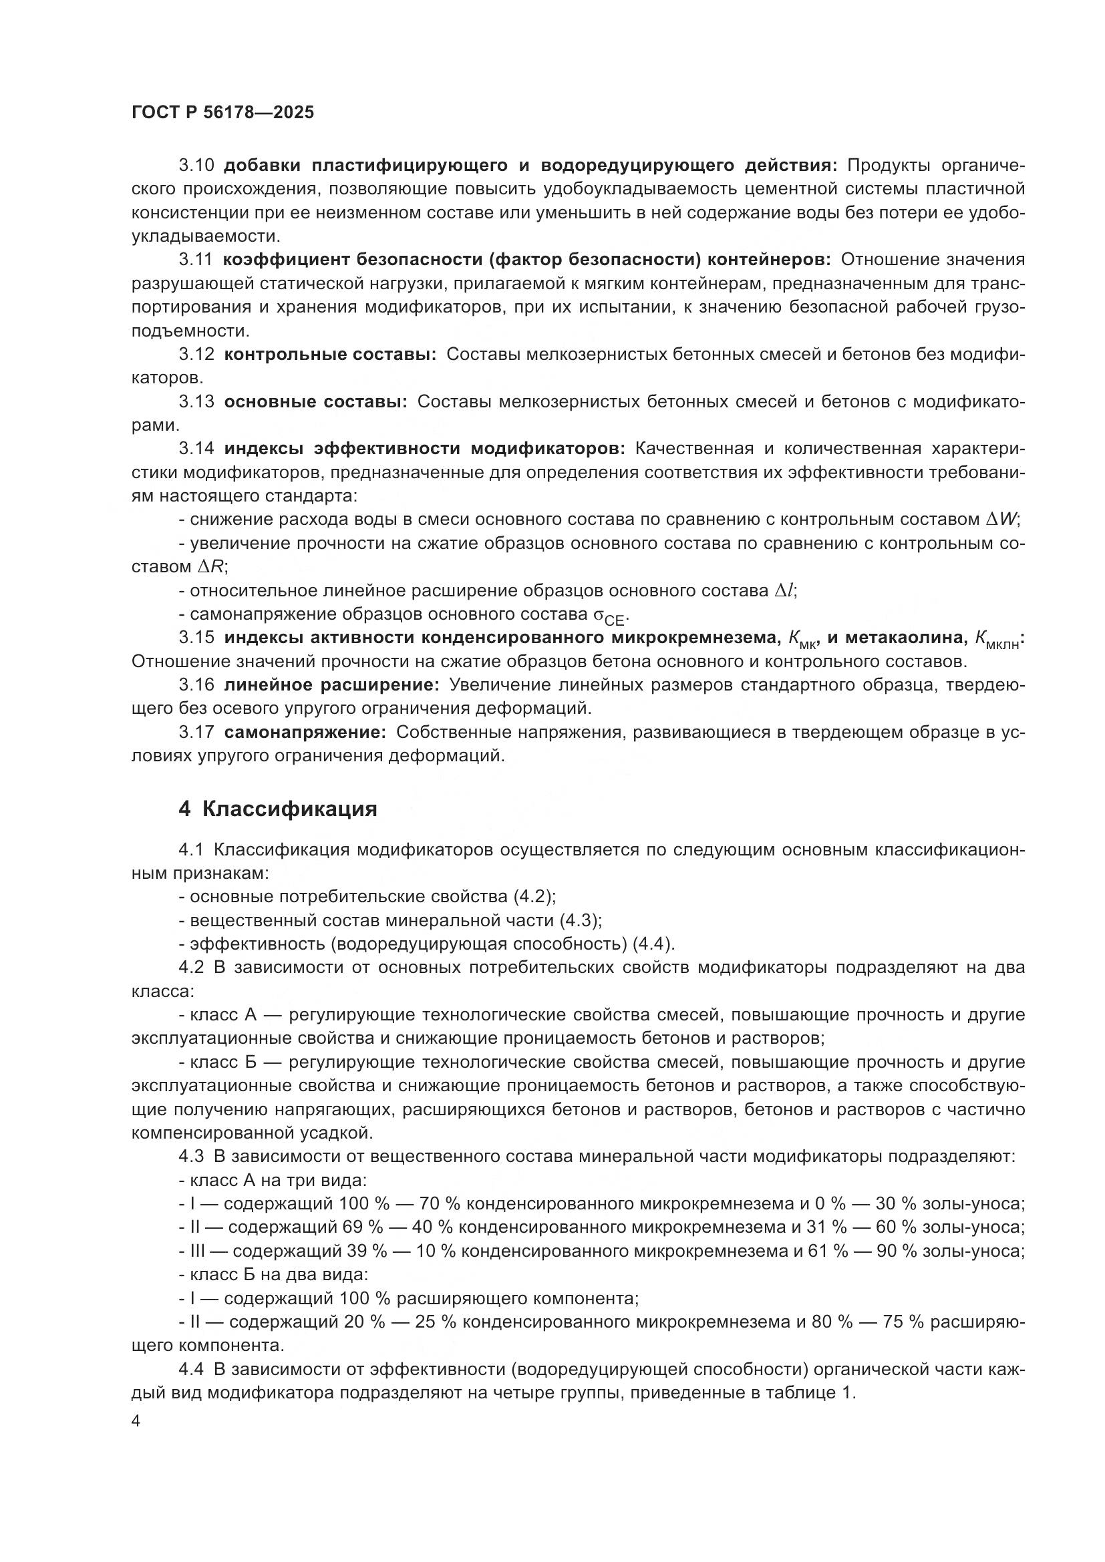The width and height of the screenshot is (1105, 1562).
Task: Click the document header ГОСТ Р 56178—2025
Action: click(223, 112)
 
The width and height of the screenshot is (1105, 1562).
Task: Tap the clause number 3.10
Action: click(196, 166)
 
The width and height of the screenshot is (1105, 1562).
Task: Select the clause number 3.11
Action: click(196, 259)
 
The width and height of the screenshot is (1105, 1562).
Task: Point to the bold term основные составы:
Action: click(316, 401)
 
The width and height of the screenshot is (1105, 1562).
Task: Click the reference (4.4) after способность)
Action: click(653, 944)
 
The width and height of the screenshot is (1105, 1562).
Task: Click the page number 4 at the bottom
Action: click(136, 1422)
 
